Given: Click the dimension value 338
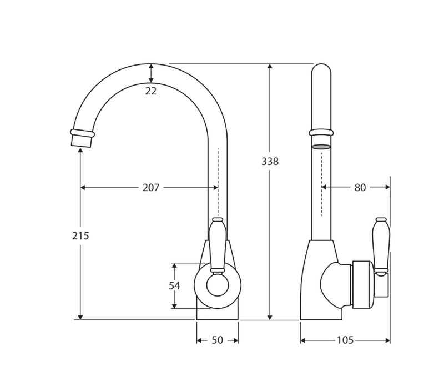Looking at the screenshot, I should tap(270, 162).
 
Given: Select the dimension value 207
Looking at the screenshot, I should tap(151, 188).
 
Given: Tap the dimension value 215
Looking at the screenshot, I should tap(80, 235).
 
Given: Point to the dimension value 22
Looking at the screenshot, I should tap(151, 91).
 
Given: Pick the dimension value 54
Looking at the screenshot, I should tap(174, 285).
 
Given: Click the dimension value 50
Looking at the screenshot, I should tap(217, 340).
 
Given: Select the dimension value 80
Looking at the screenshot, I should tap(360, 188).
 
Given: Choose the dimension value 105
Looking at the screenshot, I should tap(345, 340).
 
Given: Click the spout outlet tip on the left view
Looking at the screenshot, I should tap(80, 139).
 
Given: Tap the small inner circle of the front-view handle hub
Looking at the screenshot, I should tap(218, 285).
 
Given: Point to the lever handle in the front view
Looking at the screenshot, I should tap(218, 244).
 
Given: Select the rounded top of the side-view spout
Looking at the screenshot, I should tap(321, 70).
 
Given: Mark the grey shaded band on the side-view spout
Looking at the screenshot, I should tap(321, 147).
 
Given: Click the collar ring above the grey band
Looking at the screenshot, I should tap(321, 132).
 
